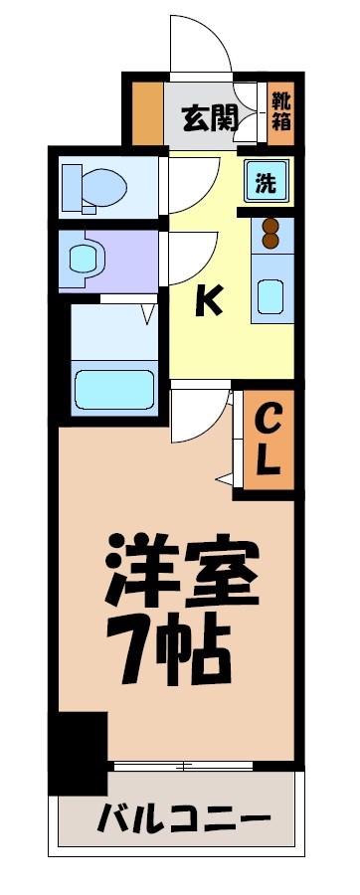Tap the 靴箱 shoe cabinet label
(x=282, y=109)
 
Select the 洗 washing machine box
(x=266, y=182)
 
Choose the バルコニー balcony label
(x=184, y=820)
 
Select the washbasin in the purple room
(x=88, y=259)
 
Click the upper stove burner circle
(x=270, y=223)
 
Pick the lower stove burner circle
(x=270, y=239)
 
